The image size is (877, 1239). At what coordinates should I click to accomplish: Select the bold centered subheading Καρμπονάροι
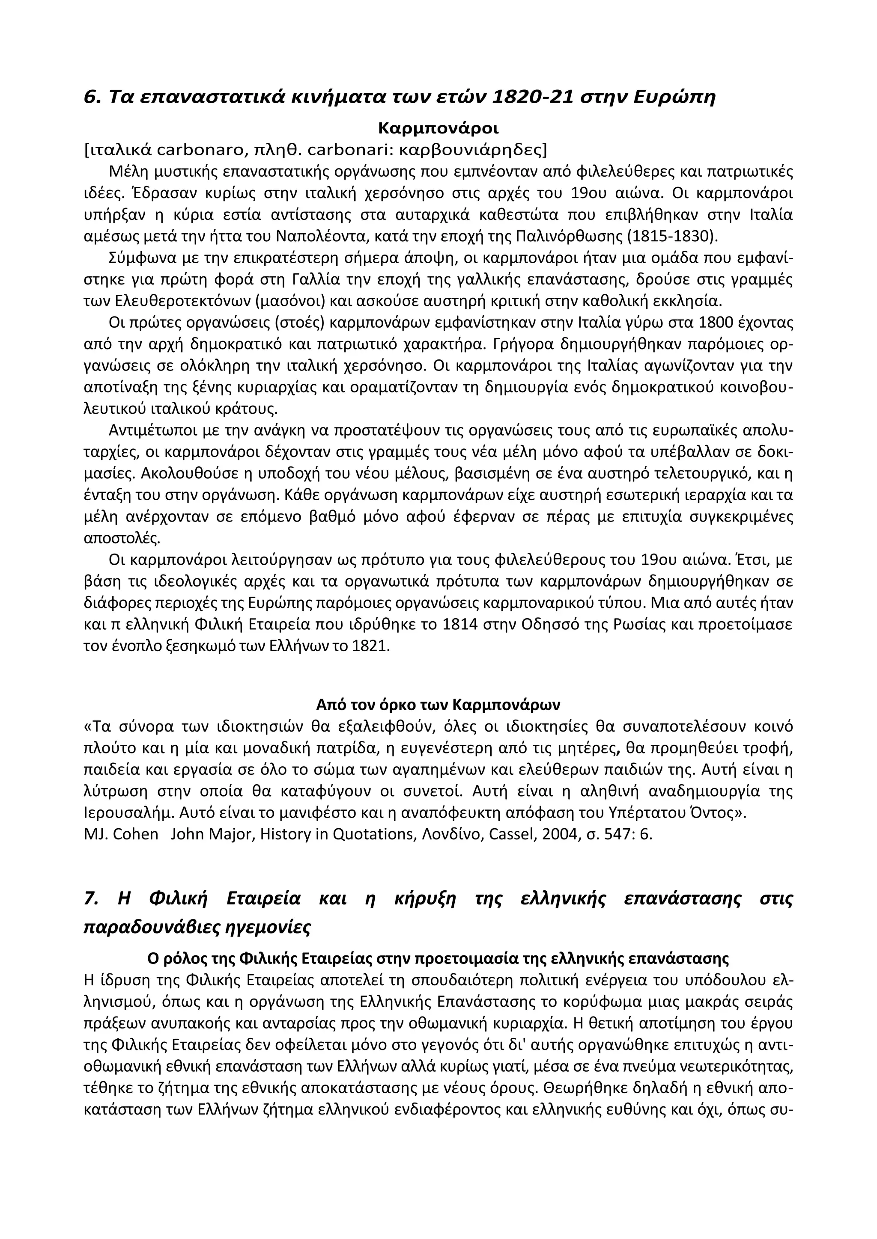tap(438, 128)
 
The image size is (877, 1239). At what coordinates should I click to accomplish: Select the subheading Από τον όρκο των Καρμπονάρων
tap(438, 705)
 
